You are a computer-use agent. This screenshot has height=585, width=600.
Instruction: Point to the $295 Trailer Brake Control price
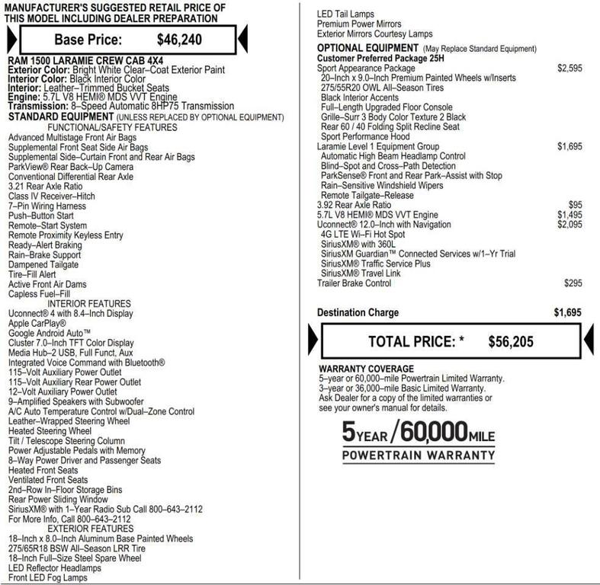pos(573,283)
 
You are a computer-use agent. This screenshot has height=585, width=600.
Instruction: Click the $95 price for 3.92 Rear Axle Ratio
pos(575,205)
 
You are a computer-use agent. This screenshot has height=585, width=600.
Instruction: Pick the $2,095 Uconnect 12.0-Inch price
pos(569,225)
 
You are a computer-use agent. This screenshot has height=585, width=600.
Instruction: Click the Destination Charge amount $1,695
pos(568,312)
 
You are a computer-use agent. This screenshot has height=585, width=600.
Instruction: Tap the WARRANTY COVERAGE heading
pos(366,369)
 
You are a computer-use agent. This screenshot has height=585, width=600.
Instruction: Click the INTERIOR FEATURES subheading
pos(89,304)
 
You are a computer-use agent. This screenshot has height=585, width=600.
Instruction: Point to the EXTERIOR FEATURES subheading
pos(90,529)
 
